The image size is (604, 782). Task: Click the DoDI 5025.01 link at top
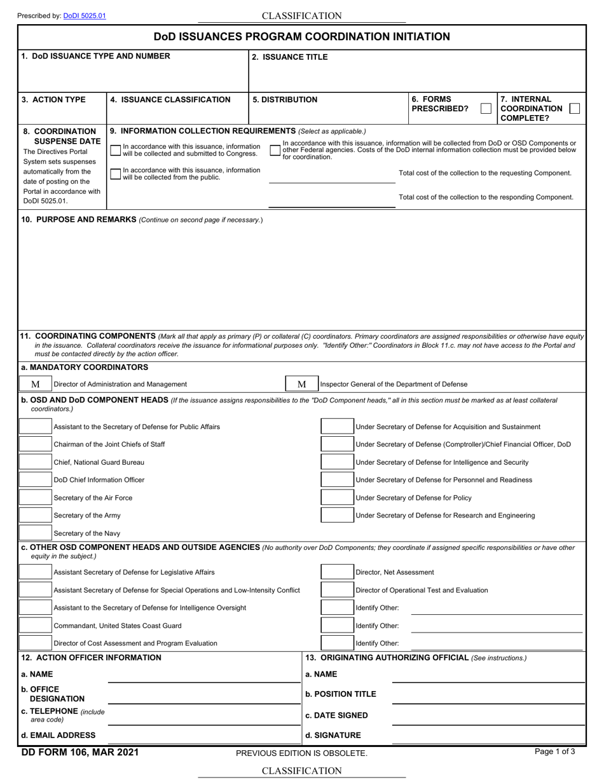coord(85,15)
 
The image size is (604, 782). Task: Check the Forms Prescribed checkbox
coord(486,108)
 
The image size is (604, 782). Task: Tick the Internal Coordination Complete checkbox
coord(574,108)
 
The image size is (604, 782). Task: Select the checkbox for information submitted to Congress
coord(115,150)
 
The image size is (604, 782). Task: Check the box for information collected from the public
coord(115,174)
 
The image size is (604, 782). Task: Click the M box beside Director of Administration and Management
coord(36,384)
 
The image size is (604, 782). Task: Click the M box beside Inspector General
coord(302,384)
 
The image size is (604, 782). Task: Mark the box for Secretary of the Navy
coord(36,533)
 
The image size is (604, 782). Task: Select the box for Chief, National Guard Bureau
coord(36,462)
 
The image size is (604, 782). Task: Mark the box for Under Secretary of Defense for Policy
coord(337,497)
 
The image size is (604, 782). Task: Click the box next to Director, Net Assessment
coord(337,572)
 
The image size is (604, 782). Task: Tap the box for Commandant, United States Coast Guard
coord(36,626)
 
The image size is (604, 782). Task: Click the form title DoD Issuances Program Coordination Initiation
coord(302,37)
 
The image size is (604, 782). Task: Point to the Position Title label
coord(341,694)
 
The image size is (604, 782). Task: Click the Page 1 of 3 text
coord(555,751)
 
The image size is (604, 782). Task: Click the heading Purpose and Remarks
coord(79,219)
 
